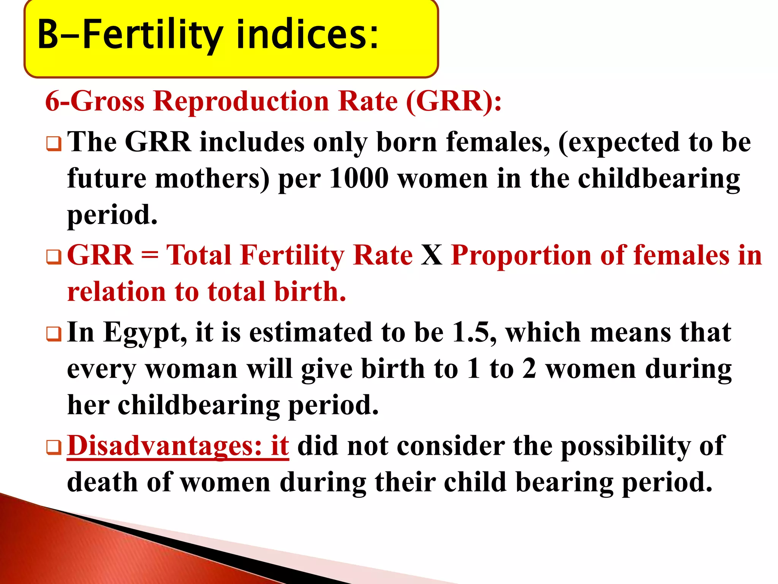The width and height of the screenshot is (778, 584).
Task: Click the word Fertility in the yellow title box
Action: [152, 35]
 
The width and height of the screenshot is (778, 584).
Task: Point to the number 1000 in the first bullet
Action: [359, 178]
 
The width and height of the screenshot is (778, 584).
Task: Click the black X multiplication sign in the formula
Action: [432, 255]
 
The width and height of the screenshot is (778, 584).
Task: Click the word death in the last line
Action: [102, 482]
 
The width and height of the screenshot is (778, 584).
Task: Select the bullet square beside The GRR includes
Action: [54, 144]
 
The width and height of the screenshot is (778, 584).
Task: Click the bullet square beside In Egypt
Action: [54, 334]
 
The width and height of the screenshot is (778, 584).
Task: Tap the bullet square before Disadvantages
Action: [54, 448]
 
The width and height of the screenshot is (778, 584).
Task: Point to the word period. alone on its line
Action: [112, 215]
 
